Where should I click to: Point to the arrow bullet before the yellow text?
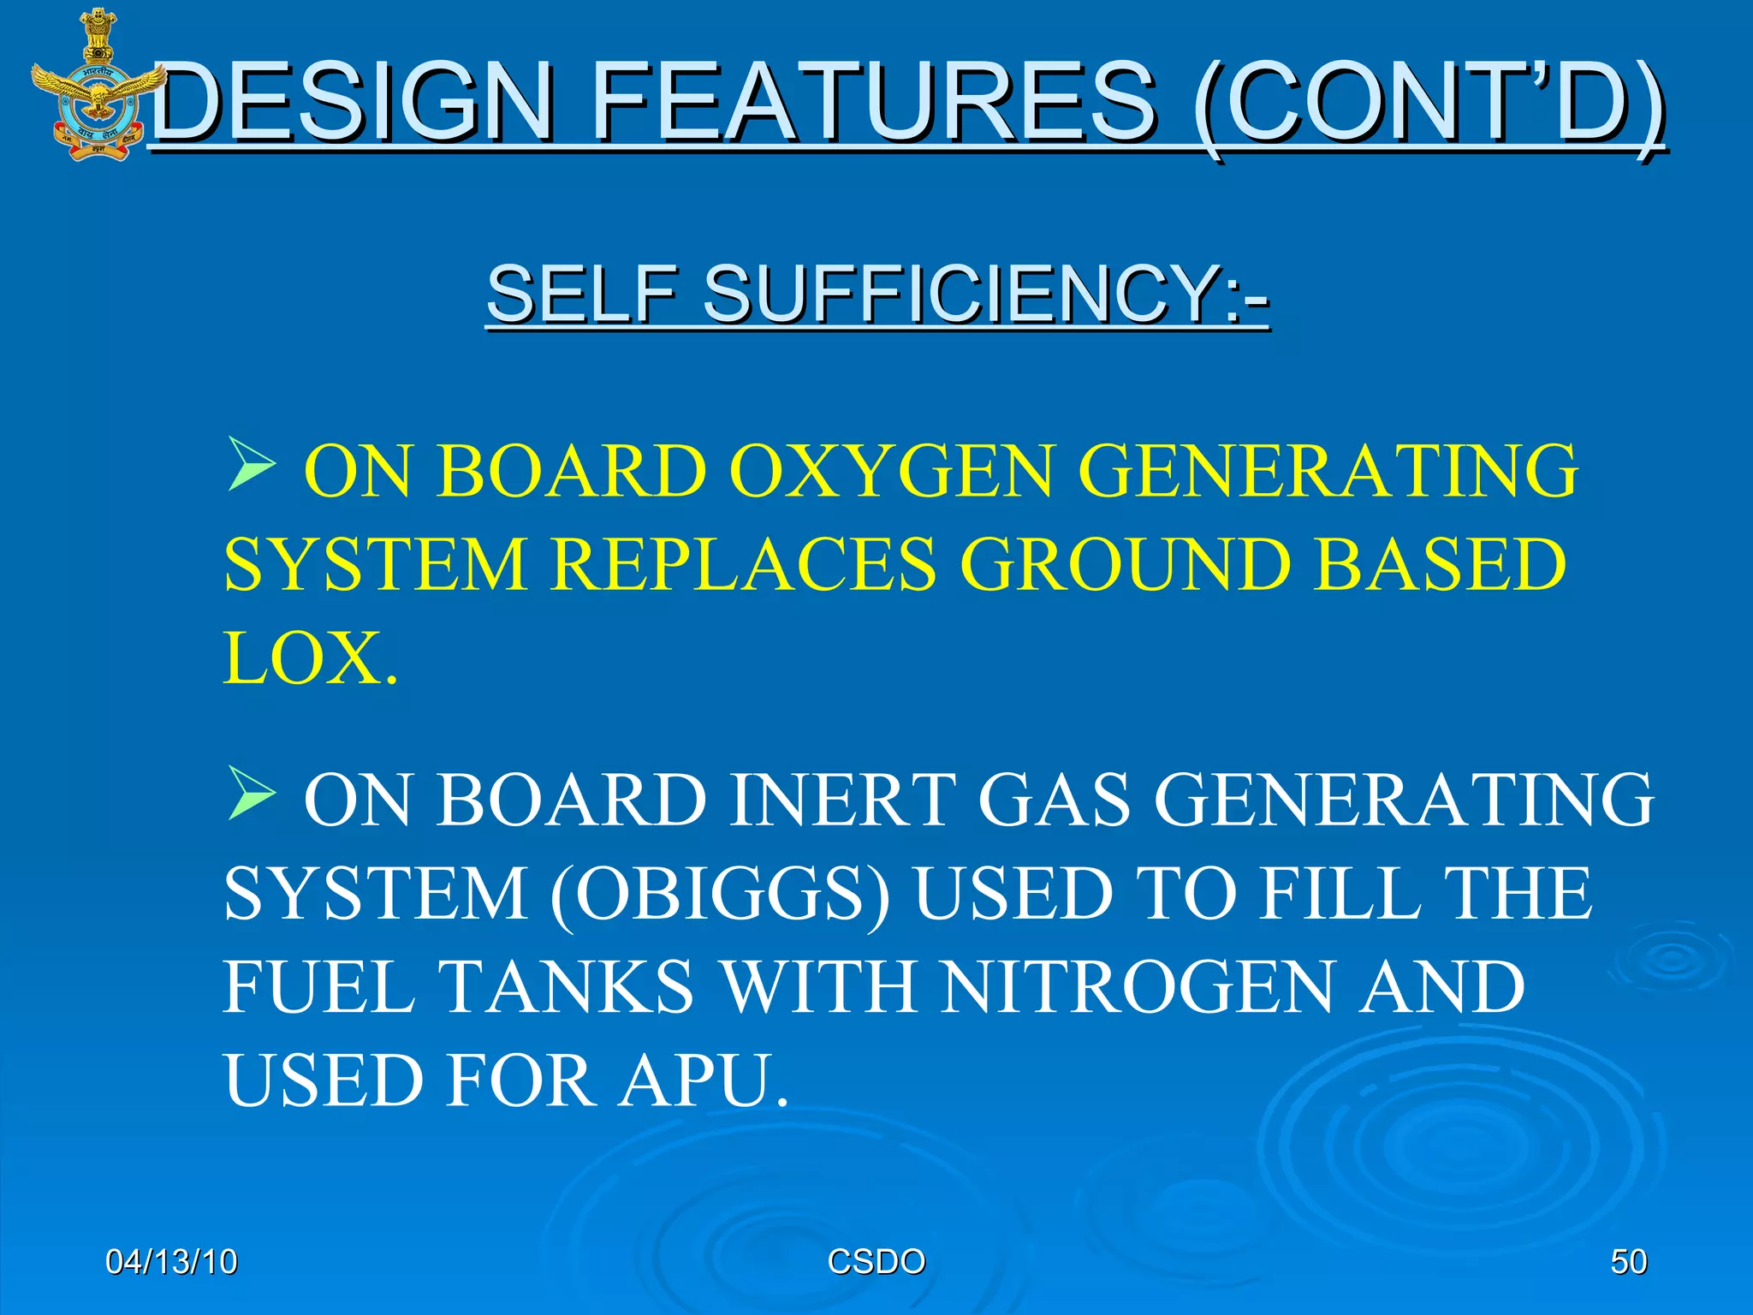[x=251, y=464]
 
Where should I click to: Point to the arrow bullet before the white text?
[x=251, y=793]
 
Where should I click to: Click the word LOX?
[x=308, y=657]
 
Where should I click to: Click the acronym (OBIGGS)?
[x=720, y=894]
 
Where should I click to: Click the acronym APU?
[x=703, y=1080]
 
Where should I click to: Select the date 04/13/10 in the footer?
[x=171, y=1262]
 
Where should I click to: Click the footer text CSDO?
[x=876, y=1262]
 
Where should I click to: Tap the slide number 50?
[x=1628, y=1262]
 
